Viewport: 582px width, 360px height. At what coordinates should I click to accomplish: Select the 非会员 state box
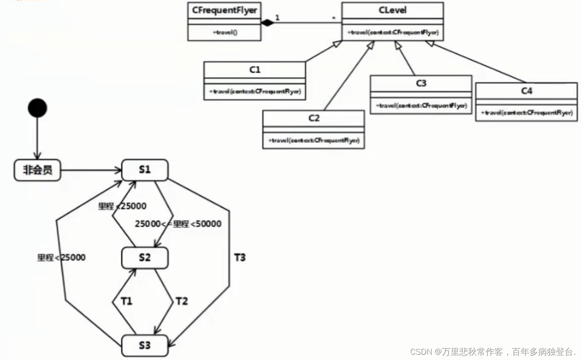tap(37, 170)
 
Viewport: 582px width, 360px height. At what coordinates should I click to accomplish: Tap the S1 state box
tap(145, 169)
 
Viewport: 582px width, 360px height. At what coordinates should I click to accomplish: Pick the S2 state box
tap(145, 258)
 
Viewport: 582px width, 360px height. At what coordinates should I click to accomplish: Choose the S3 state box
tap(145, 345)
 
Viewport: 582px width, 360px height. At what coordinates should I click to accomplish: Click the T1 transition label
tap(127, 301)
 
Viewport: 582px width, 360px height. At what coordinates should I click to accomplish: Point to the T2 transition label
tap(181, 301)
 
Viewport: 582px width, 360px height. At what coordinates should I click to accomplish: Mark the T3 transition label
tap(240, 258)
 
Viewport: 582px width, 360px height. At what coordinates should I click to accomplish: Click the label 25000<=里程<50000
tap(178, 224)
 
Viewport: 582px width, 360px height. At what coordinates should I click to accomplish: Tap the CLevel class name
tap(393, 10)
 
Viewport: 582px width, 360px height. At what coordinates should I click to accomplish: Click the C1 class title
tap(255, 70)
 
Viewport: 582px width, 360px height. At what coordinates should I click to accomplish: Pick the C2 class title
tap(313, 118)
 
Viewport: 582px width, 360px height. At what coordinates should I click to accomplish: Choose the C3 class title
tap(421, 83)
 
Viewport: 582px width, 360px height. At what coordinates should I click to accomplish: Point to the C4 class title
tap(526, 91)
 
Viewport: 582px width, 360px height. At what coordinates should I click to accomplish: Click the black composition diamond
tap(266, 23)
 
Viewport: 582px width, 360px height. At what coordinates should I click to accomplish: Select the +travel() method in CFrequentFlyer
tap(224, 32)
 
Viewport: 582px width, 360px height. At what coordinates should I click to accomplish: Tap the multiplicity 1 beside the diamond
tap(277, 18)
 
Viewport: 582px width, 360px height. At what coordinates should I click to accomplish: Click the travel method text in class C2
tap(313, 141)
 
